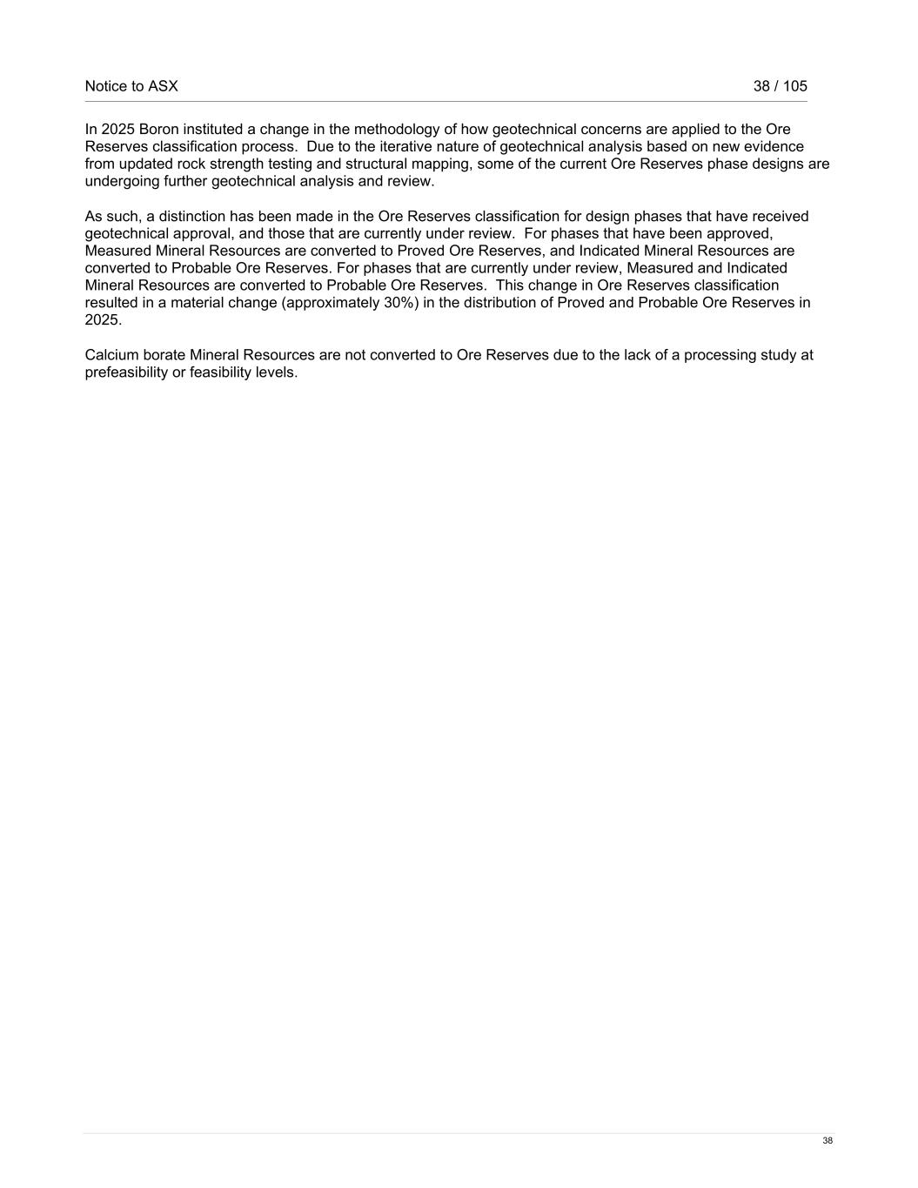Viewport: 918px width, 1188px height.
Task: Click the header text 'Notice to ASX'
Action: tap(131, 86)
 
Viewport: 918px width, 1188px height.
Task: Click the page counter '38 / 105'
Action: tap(780, 86)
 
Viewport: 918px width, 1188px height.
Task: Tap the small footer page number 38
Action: tap(828, 1141)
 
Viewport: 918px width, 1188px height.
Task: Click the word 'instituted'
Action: tap(213, 129)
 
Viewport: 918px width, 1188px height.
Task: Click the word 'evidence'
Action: tap(774, 146)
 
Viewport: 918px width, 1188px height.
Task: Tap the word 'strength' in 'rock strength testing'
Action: tap(237, 164)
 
